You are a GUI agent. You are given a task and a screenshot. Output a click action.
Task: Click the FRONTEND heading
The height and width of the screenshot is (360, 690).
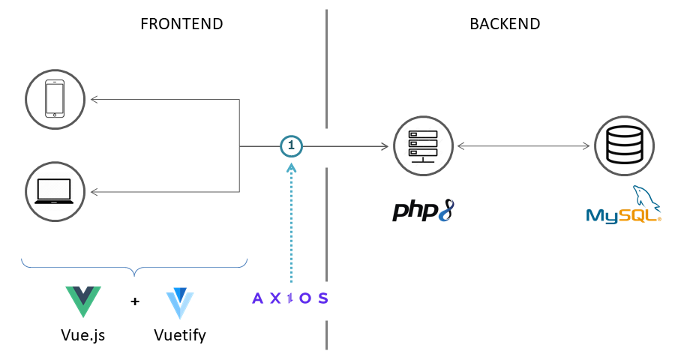[181, 23]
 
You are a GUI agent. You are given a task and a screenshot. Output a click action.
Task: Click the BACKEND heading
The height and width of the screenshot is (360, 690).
[505, 23]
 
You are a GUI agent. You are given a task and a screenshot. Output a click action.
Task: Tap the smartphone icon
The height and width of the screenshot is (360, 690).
[55, 98]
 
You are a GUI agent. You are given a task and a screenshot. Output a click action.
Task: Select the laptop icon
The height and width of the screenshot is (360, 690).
[55, 191]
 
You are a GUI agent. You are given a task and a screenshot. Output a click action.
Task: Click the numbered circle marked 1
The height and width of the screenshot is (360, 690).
[292, 145]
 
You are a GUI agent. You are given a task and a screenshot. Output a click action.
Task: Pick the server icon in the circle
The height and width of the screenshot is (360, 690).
[423, 145]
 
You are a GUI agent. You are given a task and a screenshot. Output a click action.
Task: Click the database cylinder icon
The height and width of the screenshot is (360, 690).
[624, 145]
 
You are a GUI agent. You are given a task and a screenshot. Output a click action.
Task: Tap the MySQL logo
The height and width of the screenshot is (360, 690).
[624, 206]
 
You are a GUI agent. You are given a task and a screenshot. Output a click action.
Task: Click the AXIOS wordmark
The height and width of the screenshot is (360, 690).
[290, 298]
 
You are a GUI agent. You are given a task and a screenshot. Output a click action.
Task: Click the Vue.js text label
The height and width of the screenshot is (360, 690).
[82, 334]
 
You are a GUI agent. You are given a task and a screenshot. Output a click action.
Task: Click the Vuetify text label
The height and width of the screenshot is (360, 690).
[180, 334]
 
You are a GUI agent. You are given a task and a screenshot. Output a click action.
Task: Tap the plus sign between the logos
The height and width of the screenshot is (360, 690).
[135, 301]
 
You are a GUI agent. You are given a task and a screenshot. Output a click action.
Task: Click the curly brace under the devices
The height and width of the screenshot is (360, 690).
[134, 266]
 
